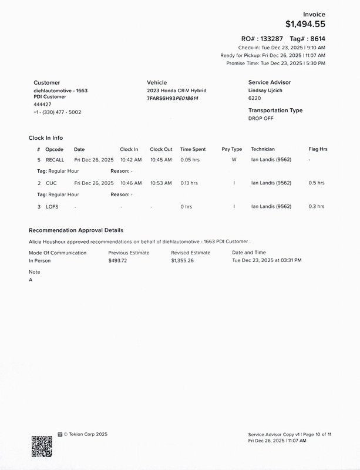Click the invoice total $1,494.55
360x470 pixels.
coord(305,24)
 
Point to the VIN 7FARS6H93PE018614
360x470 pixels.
coord(173,98)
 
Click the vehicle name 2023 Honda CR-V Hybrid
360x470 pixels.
coord(176,90)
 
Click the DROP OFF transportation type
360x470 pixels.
coord(261,118)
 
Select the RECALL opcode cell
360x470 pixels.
coord(55,160)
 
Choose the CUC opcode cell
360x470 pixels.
coord(51,183)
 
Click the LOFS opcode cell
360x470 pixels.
coord(52,207)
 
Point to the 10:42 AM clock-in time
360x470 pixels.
coord(131,160)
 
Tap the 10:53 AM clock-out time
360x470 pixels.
coord(161,183)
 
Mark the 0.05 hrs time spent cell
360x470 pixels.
coord(190,160)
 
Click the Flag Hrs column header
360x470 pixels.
coord(318,149)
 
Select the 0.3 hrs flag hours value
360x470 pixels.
coord(317,207)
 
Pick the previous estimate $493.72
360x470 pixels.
coord(117,260)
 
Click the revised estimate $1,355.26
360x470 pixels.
coord(183,260)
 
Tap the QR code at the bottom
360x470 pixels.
coord(42,446)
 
